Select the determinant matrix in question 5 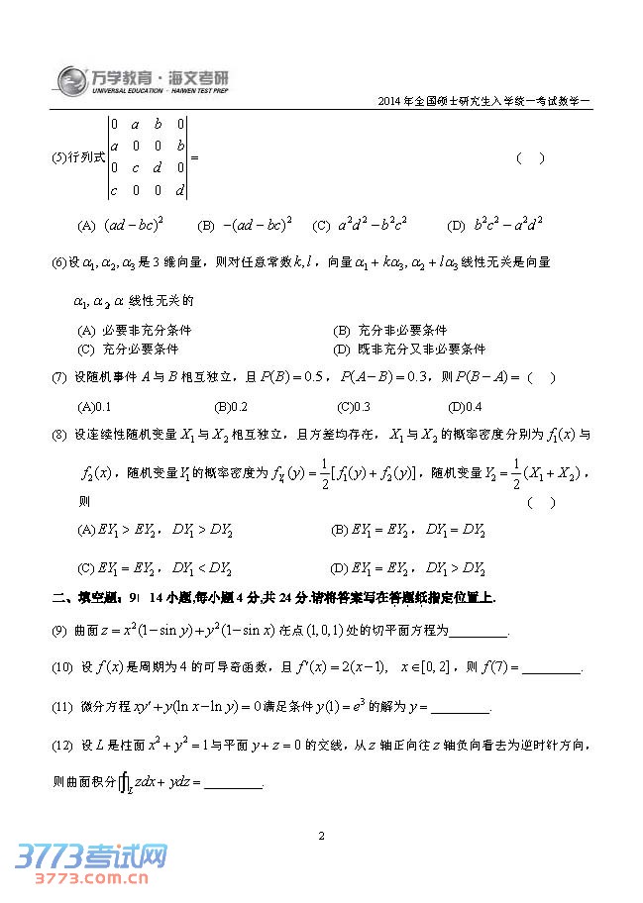148,158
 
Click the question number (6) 58,262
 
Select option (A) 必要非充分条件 134,330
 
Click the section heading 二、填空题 84,598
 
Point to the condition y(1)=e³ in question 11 344,707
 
